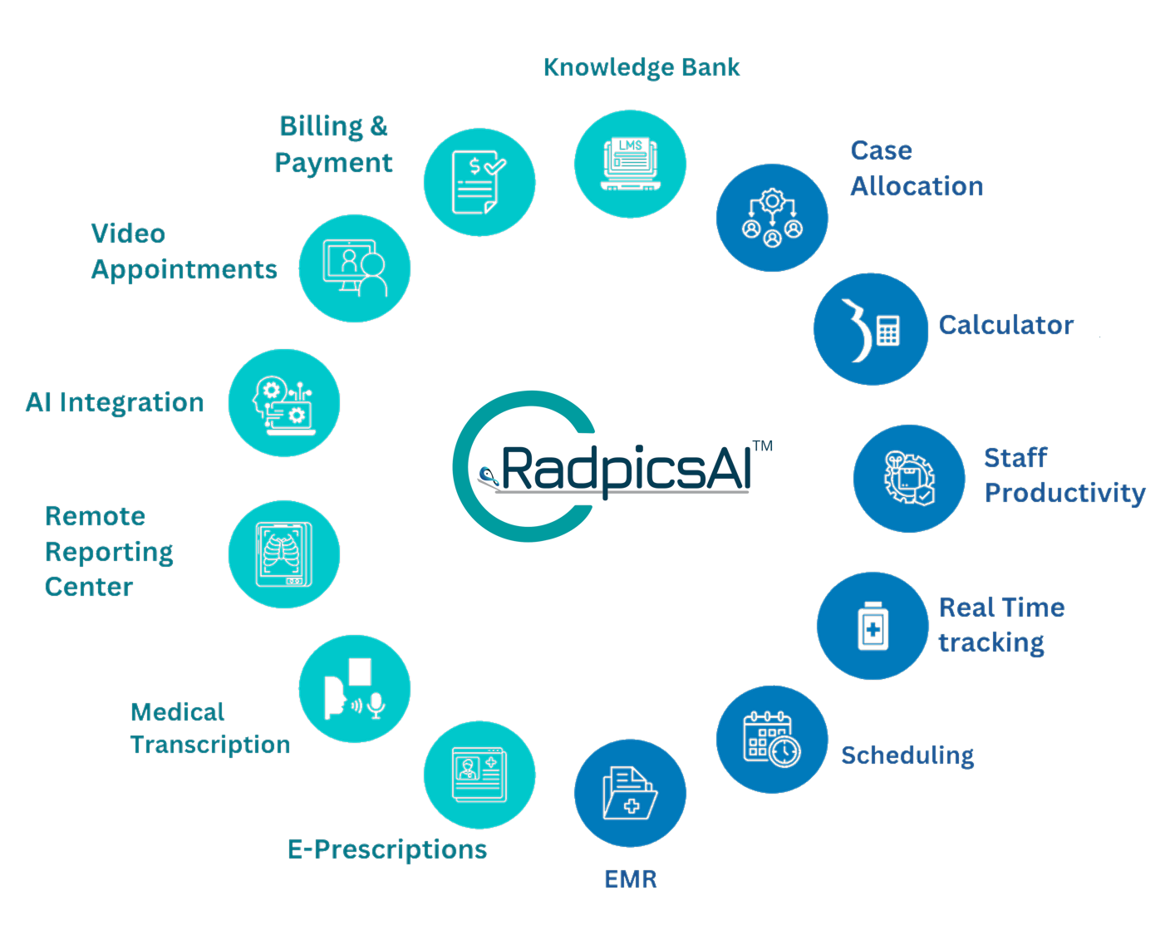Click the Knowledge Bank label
[x=642, y=67]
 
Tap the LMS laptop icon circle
[x=630, y=164]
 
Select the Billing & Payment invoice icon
[x=479, y=182]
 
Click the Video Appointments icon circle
[x=355, y=268]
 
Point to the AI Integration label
[x=115, y=402]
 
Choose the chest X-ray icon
[x=284, y=554]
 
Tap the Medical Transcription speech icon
[x=355, y=689]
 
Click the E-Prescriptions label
[x=387, y=849]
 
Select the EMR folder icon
[x=630, y=794]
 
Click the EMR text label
[x=630, y=878]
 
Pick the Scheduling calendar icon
[x=772, y=739]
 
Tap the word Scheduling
[x=907, y=755]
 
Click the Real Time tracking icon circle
[x=873, y=626]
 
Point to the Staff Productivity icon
[x=909, y=479]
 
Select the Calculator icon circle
[x=871, y=329]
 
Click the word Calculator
[x=1006, y=325]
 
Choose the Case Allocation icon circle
[x=772, y=218]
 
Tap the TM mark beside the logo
[x=762, y=446]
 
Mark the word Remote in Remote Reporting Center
[x=95, y=516]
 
